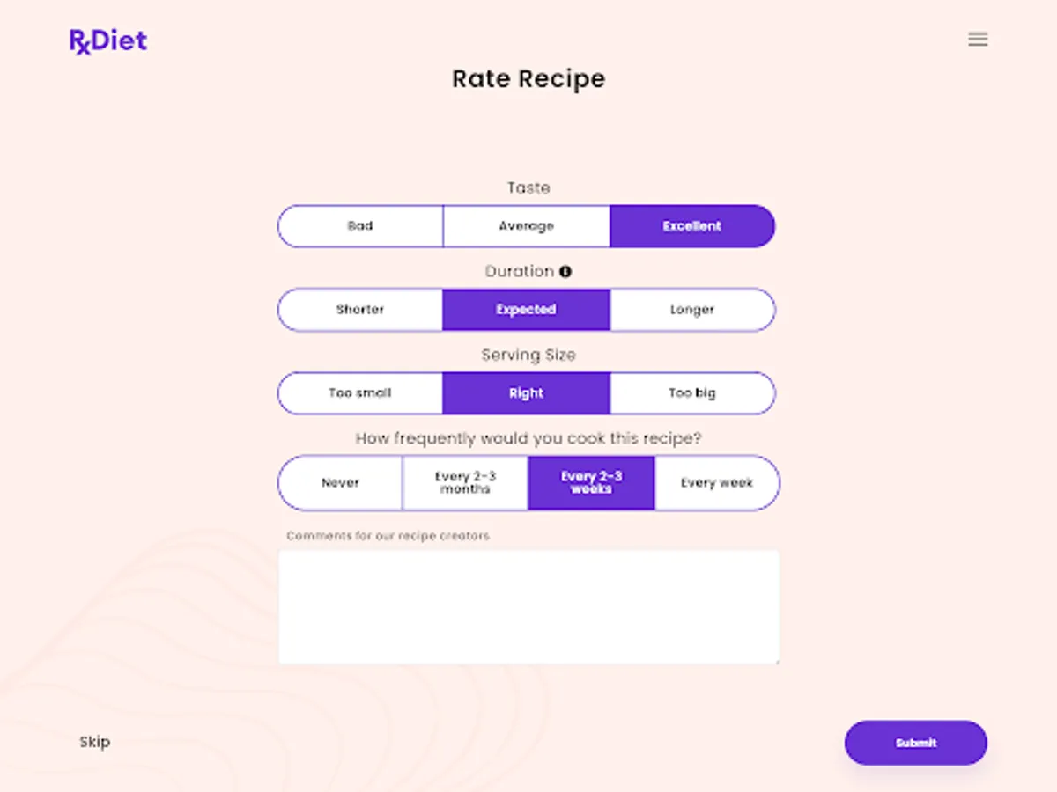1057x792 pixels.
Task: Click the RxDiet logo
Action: tap(108, 40)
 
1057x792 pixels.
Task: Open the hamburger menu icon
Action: tap(978, 40)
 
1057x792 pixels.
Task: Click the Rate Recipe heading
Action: tap(528, 79)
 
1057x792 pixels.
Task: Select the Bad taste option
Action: tap(360, 226)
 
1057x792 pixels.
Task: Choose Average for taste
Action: tap(526, 226)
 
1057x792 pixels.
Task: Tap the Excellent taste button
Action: tap(691, 226)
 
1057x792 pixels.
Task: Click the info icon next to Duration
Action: tap(565, 272)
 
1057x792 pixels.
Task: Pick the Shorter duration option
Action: tap(360, 310)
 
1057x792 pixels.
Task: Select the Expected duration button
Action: tap(526, 310)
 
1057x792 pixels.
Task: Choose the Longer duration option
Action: tap(691, 310)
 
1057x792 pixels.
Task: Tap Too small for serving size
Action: tap(360, 393)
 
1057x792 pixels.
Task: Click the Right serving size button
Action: tap(526, 393)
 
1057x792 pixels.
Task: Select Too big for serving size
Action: tap(691, 393)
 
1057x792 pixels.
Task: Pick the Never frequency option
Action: tap(341, 483)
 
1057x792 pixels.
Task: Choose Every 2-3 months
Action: tap(465, 483)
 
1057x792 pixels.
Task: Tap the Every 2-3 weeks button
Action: tap(591, 483)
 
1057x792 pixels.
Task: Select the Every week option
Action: tap(716, 483)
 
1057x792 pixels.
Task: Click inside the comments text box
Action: tap(528, 607)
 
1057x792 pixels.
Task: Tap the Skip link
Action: tap(95, 742)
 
